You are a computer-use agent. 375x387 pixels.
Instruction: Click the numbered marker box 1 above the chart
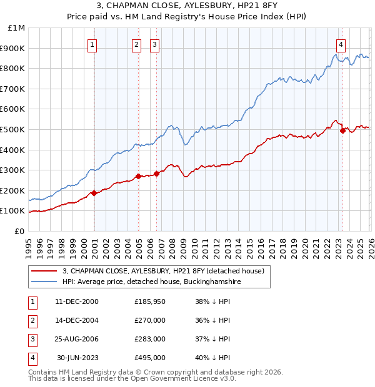point(92,44)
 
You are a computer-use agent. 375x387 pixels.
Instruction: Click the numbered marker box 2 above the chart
point(136,44)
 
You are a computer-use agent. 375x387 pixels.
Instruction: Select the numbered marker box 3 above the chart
point(154,44)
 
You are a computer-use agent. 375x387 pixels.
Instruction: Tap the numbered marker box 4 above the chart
point(341,44)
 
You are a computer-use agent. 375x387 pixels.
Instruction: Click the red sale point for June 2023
point(342,130)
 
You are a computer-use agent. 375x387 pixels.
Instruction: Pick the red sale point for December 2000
point(94,193)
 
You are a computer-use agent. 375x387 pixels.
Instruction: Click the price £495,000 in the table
point(150,358)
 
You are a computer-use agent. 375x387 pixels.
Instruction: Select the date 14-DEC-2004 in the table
point(77,320)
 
